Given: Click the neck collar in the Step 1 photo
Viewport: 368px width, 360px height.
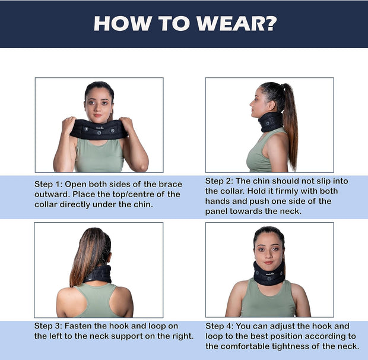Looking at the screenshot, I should pyautogui.click(x=99, y=129).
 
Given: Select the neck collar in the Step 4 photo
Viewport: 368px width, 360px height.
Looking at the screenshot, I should pyautogui.click(x=269, y=273).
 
